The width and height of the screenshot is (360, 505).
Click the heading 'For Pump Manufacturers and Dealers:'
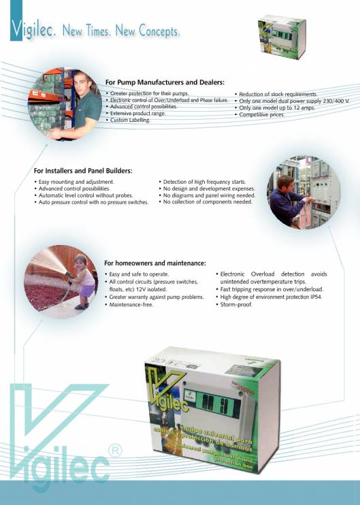(165, 82)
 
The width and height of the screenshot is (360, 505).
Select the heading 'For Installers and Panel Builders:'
(83, 170)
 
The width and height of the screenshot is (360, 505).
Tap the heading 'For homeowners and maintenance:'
(155, 263)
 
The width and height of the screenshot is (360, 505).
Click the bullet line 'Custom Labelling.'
(130, 120)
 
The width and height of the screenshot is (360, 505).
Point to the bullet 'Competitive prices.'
(261, 114)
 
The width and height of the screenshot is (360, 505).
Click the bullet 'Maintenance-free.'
(131, 305)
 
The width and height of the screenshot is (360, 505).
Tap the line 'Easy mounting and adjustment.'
(76, 182)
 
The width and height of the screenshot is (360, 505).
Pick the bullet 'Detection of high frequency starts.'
(203, 182)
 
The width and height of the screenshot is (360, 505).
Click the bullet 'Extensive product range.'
(137, 113)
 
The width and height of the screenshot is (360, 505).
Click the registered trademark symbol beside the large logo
(115, 451)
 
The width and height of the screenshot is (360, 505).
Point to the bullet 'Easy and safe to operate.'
(140, 274)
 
